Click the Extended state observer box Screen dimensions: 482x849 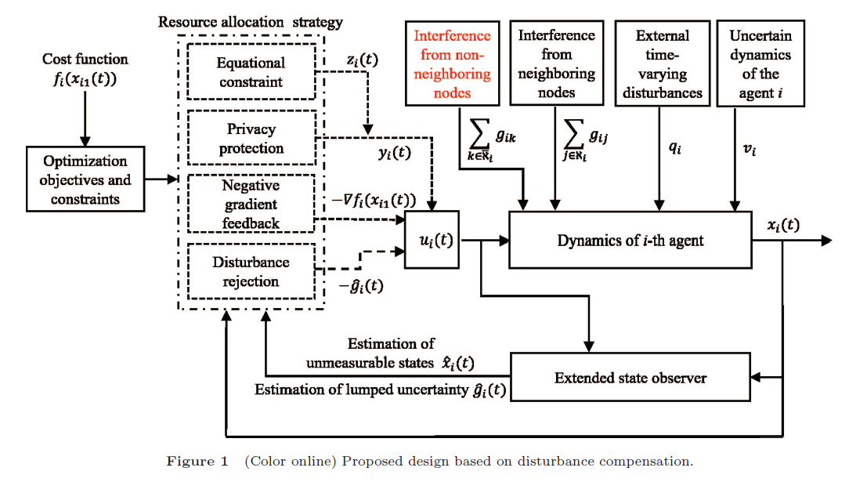(630, 378)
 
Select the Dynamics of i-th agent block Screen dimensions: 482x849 (630, 240)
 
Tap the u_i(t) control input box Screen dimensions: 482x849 (429, 240)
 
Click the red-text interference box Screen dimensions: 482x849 (452, 64)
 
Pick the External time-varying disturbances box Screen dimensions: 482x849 (662, 64)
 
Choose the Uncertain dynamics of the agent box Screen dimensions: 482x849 (760, 64)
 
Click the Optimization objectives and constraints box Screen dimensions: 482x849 (85, 180)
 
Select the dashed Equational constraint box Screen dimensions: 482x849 (251, 72)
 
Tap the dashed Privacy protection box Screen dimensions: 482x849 (251, 138)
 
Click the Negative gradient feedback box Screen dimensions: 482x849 (251, 204)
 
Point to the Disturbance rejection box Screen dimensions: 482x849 (251, 271)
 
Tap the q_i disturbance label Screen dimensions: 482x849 (674, 148)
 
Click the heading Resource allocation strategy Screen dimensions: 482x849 (251, 21)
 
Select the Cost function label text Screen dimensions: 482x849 (85, 59)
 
